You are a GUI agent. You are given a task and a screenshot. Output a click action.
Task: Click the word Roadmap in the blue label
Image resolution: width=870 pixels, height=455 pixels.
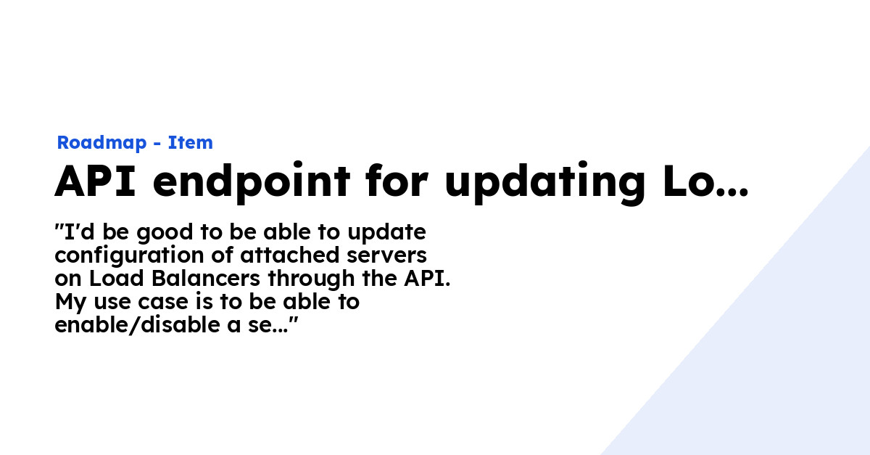tap(101, 143)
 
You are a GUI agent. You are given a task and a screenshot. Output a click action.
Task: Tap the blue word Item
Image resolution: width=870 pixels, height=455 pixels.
tap(191, 143)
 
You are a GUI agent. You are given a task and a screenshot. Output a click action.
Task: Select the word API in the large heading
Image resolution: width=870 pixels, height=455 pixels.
tap(95, 181)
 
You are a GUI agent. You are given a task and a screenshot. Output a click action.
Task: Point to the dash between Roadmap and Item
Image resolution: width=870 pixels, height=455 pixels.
tap(157, 144)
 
